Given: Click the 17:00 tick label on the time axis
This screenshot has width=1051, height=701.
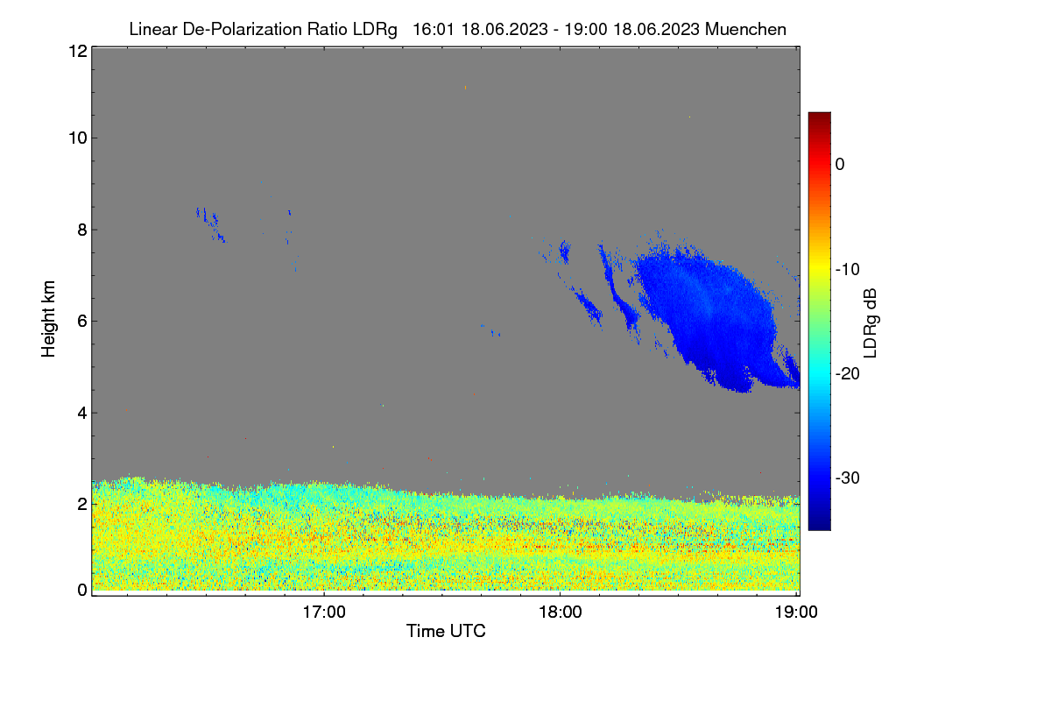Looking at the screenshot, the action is (x=324, y=612).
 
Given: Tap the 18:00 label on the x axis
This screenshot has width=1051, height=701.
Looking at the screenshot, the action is (x=561, y=612).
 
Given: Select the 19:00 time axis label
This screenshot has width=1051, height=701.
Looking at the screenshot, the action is (x=796, y=612).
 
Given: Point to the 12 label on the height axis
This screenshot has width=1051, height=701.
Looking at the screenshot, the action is (x=78, y=51).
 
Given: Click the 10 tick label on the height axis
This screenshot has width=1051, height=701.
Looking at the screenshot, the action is (x=78, y=138).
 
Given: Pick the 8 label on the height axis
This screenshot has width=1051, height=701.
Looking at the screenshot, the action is (x=82, y=230).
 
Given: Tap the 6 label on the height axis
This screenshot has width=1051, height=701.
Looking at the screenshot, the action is (x=82, y=322).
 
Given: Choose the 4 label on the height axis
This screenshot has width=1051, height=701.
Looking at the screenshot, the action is (x=82, y=414).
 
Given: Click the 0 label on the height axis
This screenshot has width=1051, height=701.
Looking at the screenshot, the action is (x=82, y=591).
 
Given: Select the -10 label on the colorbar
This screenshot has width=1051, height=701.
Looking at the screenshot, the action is (x=848, y=270).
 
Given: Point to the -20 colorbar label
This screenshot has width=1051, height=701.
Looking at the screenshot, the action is (x=848, y=374).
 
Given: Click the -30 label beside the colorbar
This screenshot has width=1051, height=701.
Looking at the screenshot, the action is (x=848, y=478).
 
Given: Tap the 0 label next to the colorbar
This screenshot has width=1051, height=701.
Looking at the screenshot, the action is (x=840, y=165).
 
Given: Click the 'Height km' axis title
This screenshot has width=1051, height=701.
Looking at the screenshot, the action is (x=48, y=319).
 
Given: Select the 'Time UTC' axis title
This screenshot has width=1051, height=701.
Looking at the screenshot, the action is (x=446, y=631).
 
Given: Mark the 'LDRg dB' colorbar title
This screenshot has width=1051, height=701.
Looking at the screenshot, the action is (x=871, y=323).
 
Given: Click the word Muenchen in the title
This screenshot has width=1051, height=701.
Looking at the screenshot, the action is (x=745, y=30).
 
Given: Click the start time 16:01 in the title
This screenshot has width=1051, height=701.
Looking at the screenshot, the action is (x=434, y=30).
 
